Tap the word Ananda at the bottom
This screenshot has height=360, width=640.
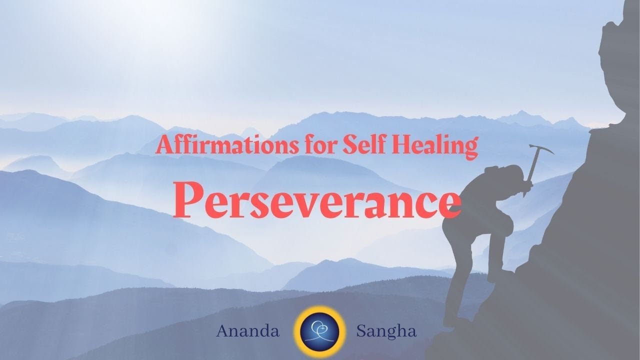tap(248, 331)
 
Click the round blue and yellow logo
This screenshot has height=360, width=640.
tap(320, 330)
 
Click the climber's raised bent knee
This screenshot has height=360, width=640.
tap(505, 227)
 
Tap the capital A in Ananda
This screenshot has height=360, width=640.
tap(222, 331)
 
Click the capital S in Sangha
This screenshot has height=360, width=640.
tap(359, 331)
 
